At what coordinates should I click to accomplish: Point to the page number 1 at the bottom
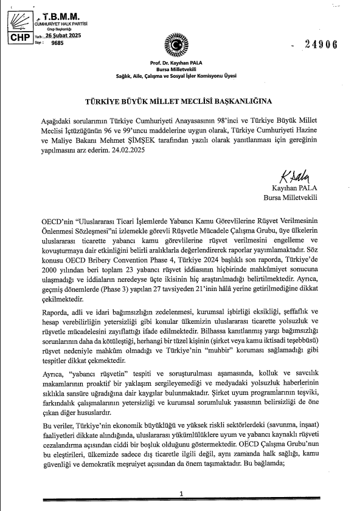(x=181, y=494)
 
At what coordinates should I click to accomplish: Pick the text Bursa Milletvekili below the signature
(x=290, y=197)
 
